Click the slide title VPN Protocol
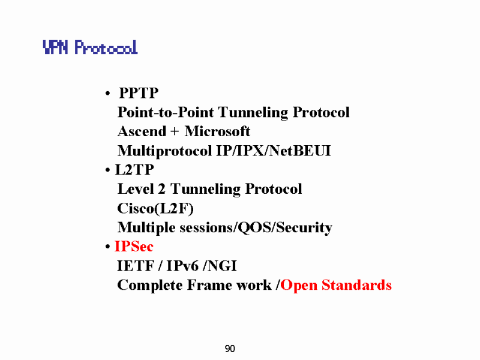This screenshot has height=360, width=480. (x=91, y=47)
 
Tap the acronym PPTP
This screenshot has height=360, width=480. (x=139, y=93)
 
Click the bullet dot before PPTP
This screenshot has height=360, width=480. (x=107, y=93)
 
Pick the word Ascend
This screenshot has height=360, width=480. (x=142, y=131)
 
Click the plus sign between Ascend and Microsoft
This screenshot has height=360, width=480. (x=175, y=131)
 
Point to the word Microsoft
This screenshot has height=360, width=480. (x=217, y=131)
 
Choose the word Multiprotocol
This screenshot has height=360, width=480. (x=164, y=151)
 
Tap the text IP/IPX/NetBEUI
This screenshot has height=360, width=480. (x=274, y=151)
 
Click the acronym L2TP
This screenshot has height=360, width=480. (x=134, y=170)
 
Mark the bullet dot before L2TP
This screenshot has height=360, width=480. (x=107, y=170)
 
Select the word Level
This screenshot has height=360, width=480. (x=136, y=189)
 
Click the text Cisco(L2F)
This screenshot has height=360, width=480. (x=155, y=208)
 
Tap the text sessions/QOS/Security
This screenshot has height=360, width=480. (x=256, y=228)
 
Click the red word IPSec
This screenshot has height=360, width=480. (x=134, y=247)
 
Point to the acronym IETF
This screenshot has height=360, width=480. (x=136, y=266)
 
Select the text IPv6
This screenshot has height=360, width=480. (x=182, y=266)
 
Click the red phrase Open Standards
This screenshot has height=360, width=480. (x=336, y=286)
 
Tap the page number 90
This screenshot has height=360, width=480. (x=230, y=349)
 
